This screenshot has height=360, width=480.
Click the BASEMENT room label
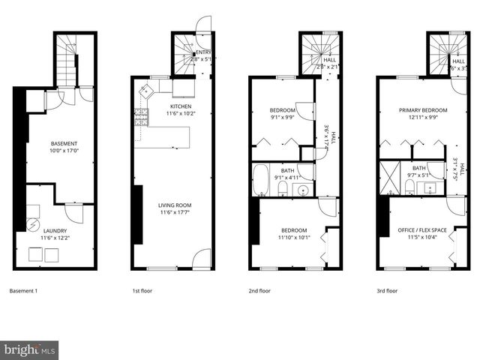tap(64, 143)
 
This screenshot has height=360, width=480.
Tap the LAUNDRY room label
tap(55, 230)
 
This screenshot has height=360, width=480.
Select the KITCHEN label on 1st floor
tap(181, 106)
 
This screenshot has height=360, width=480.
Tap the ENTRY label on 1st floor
tap(202, 52)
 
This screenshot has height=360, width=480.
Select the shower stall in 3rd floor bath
tap(390, 178)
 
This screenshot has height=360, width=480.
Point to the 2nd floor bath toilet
tap(283, 189)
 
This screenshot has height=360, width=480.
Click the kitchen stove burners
tap(141, 115)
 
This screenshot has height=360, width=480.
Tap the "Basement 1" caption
tap(25, 290)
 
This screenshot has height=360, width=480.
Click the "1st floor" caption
tap(142, 290)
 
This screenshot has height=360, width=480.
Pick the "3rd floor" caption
tap(386, 290)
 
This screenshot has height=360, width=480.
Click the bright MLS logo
tap(30, 349)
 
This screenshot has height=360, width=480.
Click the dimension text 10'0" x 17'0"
tap(64, 151)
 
